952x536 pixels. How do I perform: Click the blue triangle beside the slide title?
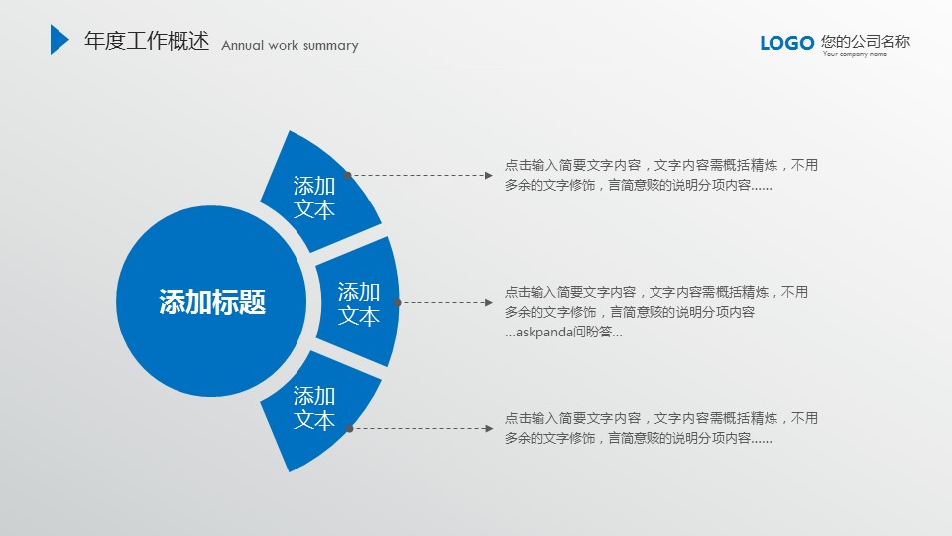[59, 40]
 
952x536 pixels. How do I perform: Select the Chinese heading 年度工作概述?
[147, 41]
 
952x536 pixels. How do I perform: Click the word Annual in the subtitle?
[242, 45]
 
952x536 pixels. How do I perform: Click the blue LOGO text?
[786, 43]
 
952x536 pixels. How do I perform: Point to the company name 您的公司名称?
[866, 42]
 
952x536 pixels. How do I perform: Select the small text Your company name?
[854, 54]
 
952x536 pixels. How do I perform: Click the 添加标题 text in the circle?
[212, 302]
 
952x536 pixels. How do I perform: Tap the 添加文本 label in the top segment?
[314, 198]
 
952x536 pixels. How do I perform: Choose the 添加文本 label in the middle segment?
[359, 304]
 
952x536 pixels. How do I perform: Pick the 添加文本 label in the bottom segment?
[314, 408]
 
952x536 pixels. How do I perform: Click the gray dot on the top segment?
[347, 175]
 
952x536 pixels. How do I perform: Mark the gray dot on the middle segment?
[397, 302]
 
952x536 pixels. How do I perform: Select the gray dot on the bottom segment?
[350, 429]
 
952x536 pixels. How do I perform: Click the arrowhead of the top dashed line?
[489, 175]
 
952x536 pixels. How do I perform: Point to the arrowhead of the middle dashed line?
[489, 302]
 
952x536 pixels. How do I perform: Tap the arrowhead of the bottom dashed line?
[489, 429]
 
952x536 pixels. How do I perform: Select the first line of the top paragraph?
[661, 165]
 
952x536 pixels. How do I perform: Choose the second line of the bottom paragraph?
[638, 438]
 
